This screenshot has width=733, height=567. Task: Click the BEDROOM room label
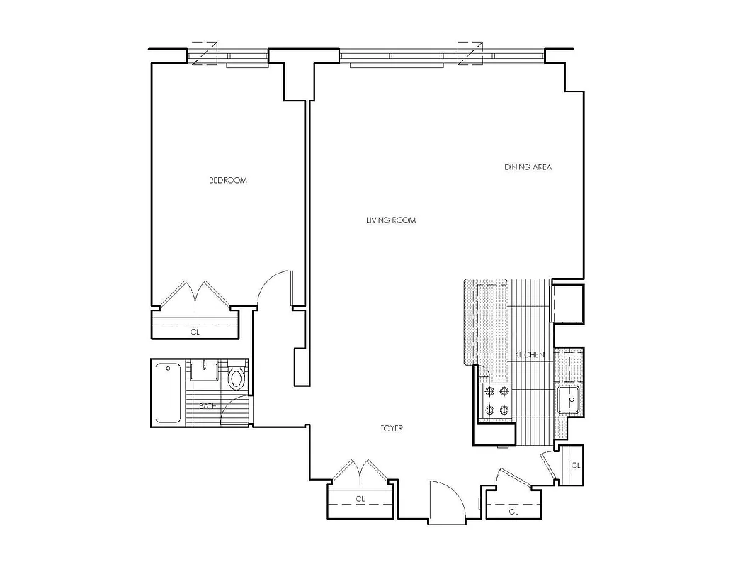pos(228,181)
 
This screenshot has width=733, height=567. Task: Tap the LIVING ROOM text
pos(390,220)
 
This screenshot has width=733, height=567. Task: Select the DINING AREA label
pos(528,168)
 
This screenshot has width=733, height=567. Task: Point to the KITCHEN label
pos(530,354)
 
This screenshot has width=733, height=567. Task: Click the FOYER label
pos(392,428)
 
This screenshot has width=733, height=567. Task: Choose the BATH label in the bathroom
pos(207,406)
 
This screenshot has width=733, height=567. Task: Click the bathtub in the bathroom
pos(167,393)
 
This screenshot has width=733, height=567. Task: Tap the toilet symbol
pos(238,378)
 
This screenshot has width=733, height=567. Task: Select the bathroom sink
pos(204,369)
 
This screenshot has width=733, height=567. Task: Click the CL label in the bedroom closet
pos(195,331)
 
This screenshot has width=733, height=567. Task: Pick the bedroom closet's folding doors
pos(195,294)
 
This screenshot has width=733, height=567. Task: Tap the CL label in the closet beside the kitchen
pos(575,466)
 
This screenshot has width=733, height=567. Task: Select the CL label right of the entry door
pos(513,510)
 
